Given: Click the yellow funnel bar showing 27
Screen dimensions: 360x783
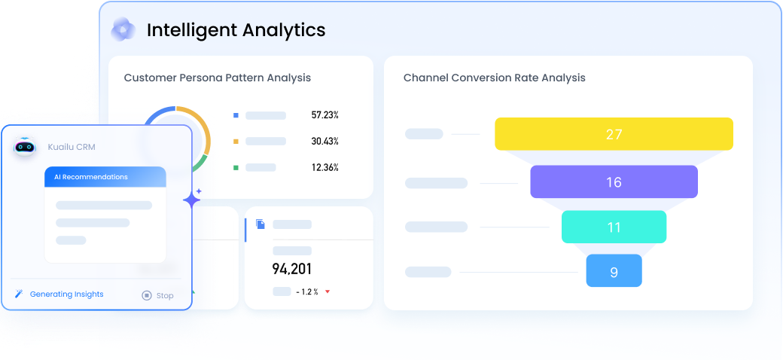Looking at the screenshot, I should (614, 134).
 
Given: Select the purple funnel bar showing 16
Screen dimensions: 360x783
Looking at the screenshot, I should (614, 182).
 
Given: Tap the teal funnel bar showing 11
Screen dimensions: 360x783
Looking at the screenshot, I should (614, 227).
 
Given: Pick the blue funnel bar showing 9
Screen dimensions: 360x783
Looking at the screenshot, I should (614, 271).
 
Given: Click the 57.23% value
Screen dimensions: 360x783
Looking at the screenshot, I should (324, 115).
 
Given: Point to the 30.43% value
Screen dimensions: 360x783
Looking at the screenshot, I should (324, 142).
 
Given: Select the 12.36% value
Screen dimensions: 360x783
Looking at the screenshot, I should (324, 167).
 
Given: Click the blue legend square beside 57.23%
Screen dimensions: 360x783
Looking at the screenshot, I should (236, 115).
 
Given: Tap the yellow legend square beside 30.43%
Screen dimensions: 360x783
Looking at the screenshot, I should (236, 142).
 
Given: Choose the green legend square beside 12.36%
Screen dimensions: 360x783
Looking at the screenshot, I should (236, 167).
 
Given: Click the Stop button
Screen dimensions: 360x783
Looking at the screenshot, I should (157, 295).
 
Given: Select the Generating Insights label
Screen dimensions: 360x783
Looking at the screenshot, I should (66, 294).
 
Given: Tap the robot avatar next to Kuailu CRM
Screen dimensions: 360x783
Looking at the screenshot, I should (26, 147).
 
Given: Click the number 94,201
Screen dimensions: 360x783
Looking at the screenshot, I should (292, 269).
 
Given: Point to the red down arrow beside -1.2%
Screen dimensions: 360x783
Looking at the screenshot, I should (328, 291).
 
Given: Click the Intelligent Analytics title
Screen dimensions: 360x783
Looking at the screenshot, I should (236, 30).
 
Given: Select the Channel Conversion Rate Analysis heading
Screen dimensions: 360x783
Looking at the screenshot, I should (494, 78).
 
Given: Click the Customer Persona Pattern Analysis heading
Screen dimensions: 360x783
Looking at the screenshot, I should (217, 78).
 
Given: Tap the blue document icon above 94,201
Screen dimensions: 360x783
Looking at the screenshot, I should (260, 224).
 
